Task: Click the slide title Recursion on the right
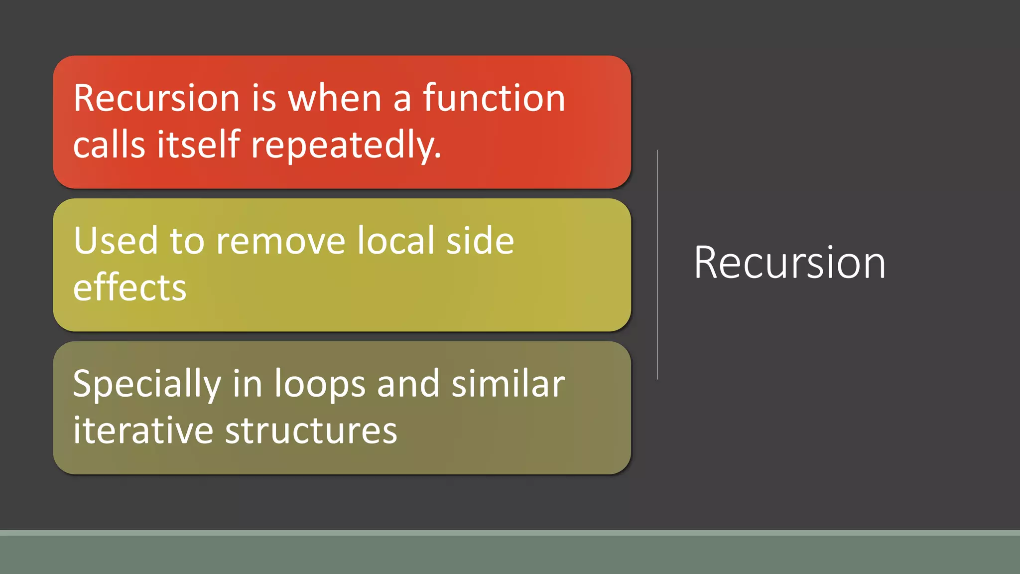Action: click(x=789, y=263)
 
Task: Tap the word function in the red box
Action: click(x=494, y=98)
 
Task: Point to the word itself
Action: click(x=199, y=144)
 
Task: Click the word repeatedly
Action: click(x=346, y=145)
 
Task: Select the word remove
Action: click(x=280, y=241)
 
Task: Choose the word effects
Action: click(x=129, y=287)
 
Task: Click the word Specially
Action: click(x=147, y=385)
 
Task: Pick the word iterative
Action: click(x=143, y=430)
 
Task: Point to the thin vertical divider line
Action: click(x=657, y=265)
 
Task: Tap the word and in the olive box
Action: click(x=408, y=384)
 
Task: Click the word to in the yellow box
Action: click(x=187, y=241)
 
